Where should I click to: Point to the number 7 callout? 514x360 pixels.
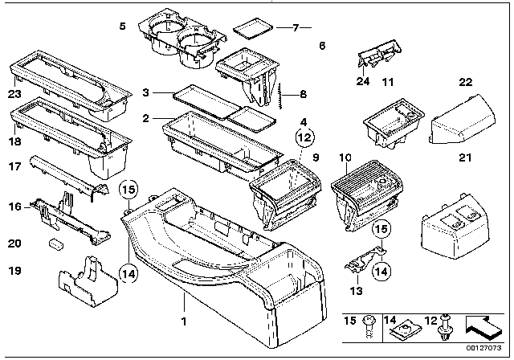tap(295, 28)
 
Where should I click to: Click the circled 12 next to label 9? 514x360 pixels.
tap(304, 138)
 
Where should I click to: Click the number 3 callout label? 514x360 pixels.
tap(145, 94)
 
